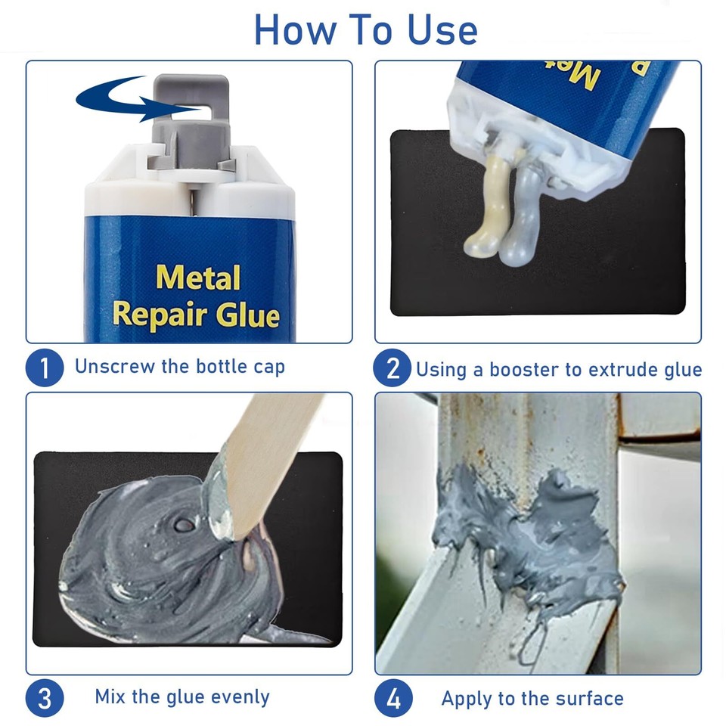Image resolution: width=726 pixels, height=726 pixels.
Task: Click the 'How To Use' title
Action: coord(365,29)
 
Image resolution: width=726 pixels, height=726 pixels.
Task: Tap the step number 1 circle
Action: coord(45,368)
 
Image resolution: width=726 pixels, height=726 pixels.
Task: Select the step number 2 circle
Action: coord(392,368)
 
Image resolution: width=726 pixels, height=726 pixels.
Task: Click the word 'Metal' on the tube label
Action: coord(197,278)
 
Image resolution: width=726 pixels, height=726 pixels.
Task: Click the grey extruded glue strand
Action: coord(521,216)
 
